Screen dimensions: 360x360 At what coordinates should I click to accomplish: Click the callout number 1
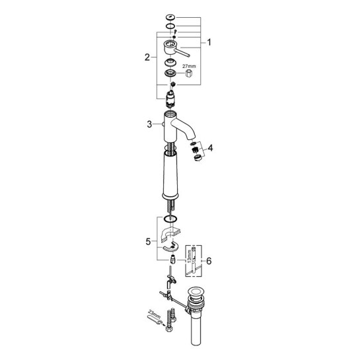tap(209, 42)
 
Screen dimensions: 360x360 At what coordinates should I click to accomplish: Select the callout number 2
tap(147, 57)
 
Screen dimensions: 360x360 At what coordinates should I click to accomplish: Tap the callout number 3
tap(149, 124)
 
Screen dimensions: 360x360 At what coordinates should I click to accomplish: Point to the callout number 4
tap(210, 148)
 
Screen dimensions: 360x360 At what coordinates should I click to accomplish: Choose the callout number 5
tap(148, 242)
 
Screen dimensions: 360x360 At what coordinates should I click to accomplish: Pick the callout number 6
tap(209, 261)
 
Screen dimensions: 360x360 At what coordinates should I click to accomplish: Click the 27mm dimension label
tap(189, 66)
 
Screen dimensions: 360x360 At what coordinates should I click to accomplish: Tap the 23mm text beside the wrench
tap(155, 314)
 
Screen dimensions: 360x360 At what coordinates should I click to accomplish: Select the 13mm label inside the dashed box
tap(189, 256)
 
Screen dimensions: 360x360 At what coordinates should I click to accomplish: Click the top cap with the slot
tap(170, 17)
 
